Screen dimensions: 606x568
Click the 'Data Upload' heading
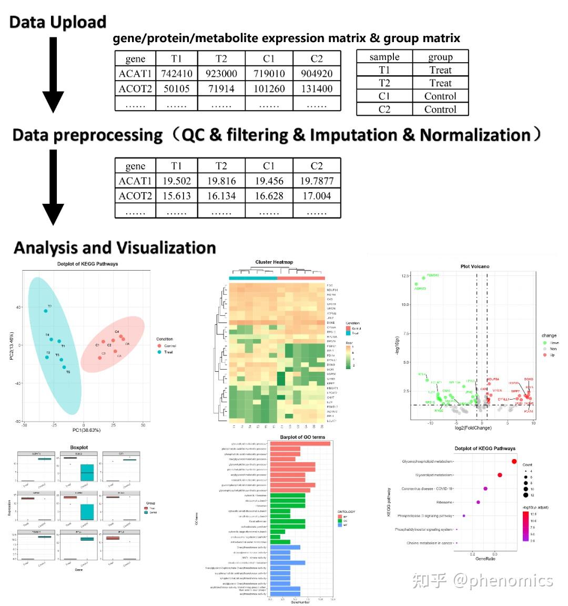[x=58, y=22]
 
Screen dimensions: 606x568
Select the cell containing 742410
[x=176, y=73]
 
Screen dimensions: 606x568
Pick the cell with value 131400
[x=317, y=88]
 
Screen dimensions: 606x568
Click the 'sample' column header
[x=384, y=57]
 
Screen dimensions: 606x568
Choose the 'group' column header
[x=440, y=57]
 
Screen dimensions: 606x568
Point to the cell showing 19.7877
[x=317, y=181]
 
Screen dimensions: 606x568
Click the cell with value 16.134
[x=221, y=196]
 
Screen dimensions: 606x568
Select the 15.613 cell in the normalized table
[x=176, y=196]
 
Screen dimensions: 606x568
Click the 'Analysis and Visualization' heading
[x=115, y=247]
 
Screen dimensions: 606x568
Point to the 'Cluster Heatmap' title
[x=274, y=262]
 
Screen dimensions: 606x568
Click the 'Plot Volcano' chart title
[x=474, y=266]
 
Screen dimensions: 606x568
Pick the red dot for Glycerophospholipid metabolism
[x=514, y=461]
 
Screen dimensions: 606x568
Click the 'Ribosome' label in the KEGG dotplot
[x=444, y=502]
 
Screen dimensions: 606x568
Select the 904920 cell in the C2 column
[x=317, y=73]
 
